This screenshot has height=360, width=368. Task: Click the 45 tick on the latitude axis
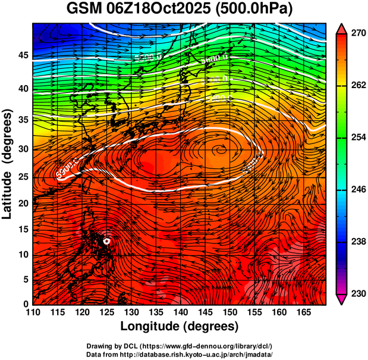[x=23, y=55]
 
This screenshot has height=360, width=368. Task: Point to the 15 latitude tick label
[x=23, y=229]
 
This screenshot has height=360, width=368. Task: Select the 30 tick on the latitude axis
[x=23, y=149]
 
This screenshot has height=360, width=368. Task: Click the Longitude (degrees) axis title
[x=179, y=326]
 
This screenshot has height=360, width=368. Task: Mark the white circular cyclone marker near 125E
[x=107, y=241]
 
